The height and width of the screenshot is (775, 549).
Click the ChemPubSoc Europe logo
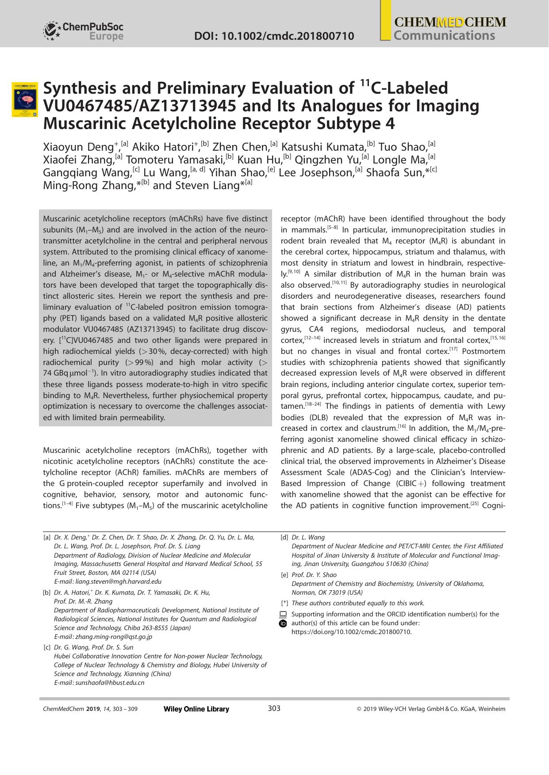tap(83, 31)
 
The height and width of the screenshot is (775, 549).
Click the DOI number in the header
tap(274, 36)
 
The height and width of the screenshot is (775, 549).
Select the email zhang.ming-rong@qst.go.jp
tap(103, 637)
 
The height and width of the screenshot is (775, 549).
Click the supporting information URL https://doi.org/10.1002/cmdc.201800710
tap(351, 632)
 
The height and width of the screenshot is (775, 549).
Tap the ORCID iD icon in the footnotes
tap(284, 623)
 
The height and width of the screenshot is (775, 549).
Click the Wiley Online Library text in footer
tap(196, 709)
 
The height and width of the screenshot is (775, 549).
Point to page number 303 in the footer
tap(274, 709)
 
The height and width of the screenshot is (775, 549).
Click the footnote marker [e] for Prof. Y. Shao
tap(284, 575)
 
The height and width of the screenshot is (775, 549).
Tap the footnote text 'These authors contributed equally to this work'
tap(358, 603)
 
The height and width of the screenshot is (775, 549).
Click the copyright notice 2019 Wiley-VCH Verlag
tap(431, 709)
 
